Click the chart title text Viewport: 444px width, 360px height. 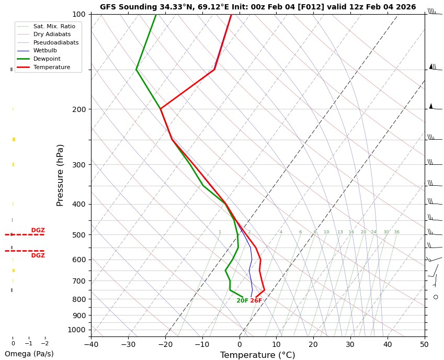point(258,7)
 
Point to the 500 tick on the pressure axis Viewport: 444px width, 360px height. point(79,235)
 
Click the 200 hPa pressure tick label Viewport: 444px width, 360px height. point(79,109)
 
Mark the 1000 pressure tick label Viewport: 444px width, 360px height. point(77,330)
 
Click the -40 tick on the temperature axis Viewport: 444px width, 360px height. point(91,344)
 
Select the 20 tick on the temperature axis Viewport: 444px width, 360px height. point(313,344)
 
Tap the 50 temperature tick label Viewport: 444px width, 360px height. point(424,344)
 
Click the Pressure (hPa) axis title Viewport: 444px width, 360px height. point(60,175)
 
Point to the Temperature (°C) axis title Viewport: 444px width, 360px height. point(257,355)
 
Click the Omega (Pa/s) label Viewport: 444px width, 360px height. point(29,354)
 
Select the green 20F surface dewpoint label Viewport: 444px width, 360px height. point(242,301)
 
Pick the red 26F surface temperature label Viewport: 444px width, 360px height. point(256,301)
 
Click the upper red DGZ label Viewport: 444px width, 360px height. point(38,230)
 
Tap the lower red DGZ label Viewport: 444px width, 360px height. point(38,256)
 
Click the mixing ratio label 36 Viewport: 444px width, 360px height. point(396,232)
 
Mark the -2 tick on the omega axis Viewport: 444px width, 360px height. point(45,344)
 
